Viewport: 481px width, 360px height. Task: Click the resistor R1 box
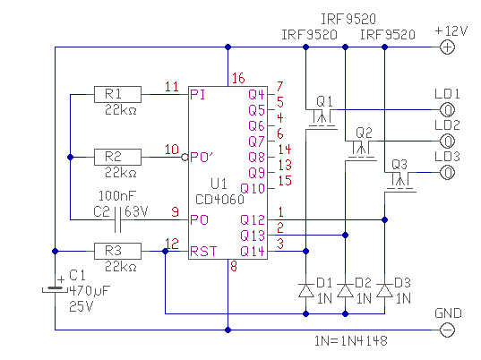[x=117, y=94]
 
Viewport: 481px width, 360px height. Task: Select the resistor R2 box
[x=117, y=157]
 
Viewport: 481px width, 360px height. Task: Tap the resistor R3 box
[x=117, y=251]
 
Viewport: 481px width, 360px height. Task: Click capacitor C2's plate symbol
[x=118, y=219]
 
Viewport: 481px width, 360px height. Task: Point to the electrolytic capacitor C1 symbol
[x=55, y=289]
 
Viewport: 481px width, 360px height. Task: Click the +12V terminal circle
[x=447, y=47]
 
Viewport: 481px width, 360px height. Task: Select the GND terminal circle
[x=447, y=330]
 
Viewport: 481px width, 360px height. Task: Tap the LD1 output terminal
[x=447, y=110]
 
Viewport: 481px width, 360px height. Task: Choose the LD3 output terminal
[x=447, y=173]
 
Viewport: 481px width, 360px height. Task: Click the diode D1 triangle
[x=305, y=291]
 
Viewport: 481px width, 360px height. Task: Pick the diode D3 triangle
[x=384, y=291]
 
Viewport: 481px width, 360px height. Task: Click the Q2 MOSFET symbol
[x=361, y=150]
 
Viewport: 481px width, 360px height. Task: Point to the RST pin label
[x=203, y=252]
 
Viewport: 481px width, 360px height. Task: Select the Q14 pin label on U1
[x=253, y=252]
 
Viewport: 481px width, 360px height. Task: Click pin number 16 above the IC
[x=238, y=78]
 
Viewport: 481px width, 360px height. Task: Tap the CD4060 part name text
[x=219, y=200]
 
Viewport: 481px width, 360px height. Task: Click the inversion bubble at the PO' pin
[x=185, y=158]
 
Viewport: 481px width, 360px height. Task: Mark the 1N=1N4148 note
[x=350, y=341]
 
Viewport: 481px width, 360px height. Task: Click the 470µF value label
[x=90, y=290]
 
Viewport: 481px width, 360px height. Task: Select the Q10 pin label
[x=253, y=188]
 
